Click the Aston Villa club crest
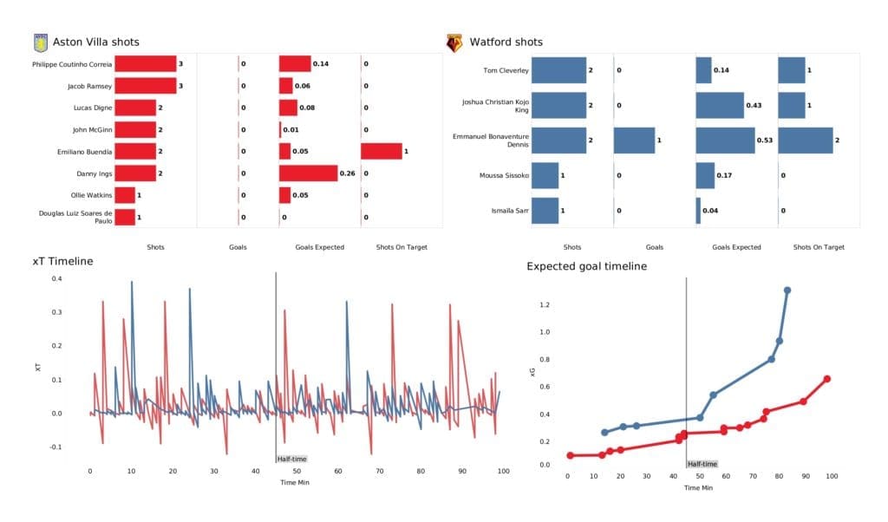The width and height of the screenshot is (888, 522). pos(39,42)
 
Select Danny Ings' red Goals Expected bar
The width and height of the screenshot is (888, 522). pos(308,173)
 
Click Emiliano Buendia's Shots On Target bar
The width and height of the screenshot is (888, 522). pos(382,152)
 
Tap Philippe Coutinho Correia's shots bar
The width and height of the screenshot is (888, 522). pos(145,64)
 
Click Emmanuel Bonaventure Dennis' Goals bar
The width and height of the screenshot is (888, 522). pos(634,140)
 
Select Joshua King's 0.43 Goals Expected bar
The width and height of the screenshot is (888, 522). pos(720,105)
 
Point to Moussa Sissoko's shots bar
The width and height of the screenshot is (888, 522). pos(545,176)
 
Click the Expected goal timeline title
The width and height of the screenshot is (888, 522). pos(586,266)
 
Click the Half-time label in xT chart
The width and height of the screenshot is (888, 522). pos(291,459)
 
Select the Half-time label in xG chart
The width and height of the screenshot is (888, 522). pos(702,464)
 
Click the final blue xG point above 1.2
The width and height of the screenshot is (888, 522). pos(787,290)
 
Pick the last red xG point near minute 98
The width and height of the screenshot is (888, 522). pos(827,379)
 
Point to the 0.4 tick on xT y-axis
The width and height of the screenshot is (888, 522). pos(56,279)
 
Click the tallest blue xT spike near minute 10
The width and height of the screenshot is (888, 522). pos(132,283)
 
